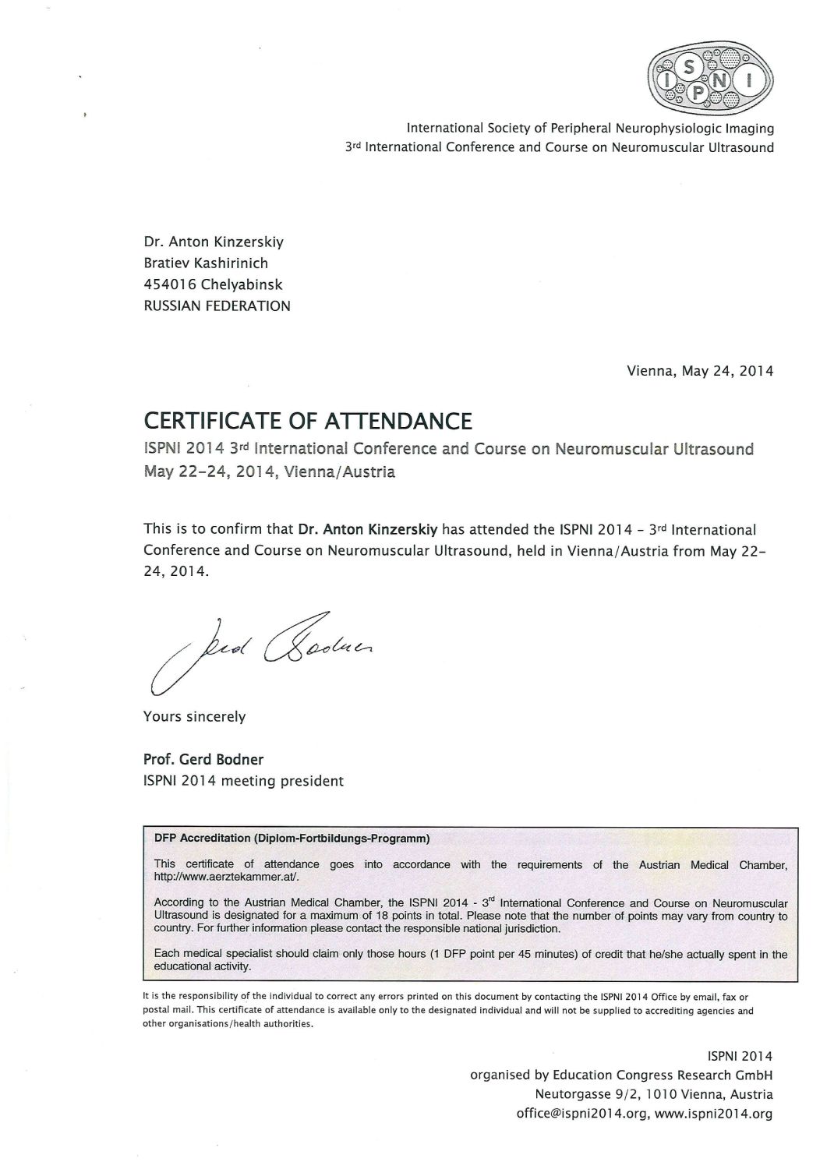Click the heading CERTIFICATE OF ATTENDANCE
(x=308, y=422)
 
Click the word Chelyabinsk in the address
(x=241, y=285)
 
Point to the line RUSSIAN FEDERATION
(x=217, y=306)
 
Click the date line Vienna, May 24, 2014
(x=700, y=371)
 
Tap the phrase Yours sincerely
(x=194, y=716)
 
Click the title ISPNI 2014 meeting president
(x=243, y=780)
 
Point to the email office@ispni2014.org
(x=583, y=1114)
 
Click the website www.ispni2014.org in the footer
(x=714, y=1114)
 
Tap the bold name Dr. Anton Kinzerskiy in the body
(x=369, y=530)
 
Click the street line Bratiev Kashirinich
(x=206, y=263)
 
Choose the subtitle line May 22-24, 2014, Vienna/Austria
(x=269, y=471)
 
